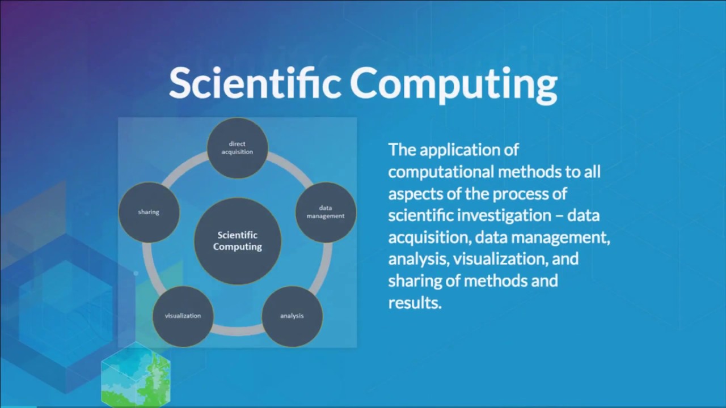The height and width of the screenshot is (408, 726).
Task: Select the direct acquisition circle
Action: [237, 148]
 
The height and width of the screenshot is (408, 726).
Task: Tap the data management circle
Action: [326, 212]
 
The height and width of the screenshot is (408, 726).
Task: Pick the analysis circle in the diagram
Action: [292, 316]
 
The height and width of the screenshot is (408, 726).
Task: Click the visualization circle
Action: [183, 316]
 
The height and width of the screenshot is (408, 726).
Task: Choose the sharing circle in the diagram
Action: [149, 212]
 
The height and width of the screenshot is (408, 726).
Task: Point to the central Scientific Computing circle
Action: [237, 241]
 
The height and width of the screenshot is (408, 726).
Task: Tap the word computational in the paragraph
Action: [441, 172]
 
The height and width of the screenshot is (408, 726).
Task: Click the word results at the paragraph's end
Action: [414, 303]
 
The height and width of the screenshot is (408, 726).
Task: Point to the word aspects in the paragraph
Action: [412, 194]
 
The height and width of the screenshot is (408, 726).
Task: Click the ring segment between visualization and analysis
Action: [237, 330]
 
